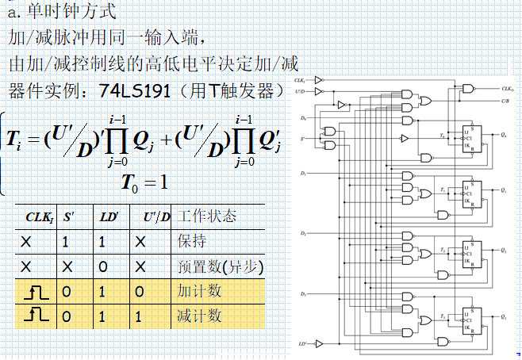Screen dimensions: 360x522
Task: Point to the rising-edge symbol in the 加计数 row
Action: pos(37,292)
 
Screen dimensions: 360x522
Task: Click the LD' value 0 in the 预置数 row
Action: pos(103,266)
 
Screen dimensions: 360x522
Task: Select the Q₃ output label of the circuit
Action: pos(505,317)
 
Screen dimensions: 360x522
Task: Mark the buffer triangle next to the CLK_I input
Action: pos(320,81)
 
